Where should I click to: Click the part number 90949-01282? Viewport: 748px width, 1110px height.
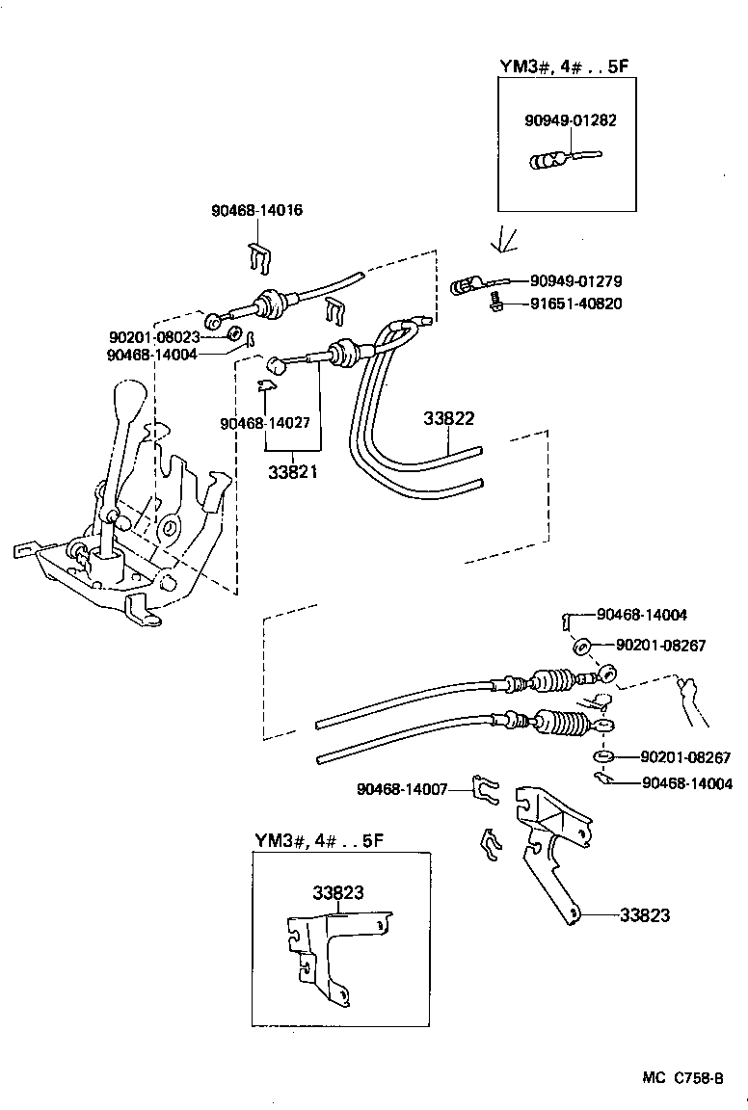[571, 121]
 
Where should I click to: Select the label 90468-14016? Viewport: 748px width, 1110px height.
[257, 209]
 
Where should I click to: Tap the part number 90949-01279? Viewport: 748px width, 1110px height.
[575, 281]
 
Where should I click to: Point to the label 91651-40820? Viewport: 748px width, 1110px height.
[575, 304]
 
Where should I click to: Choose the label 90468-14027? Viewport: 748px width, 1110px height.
[265, 422]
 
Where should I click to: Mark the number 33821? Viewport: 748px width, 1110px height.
[294, 472]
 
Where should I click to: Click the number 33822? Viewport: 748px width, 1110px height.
[449, 419]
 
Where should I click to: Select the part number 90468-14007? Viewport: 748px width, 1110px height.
[401, 789]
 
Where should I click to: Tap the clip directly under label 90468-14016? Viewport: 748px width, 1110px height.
[255, 255]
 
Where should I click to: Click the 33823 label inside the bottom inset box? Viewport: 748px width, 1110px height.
[337, 892]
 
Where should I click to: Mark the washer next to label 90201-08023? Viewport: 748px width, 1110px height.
[233, 334]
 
